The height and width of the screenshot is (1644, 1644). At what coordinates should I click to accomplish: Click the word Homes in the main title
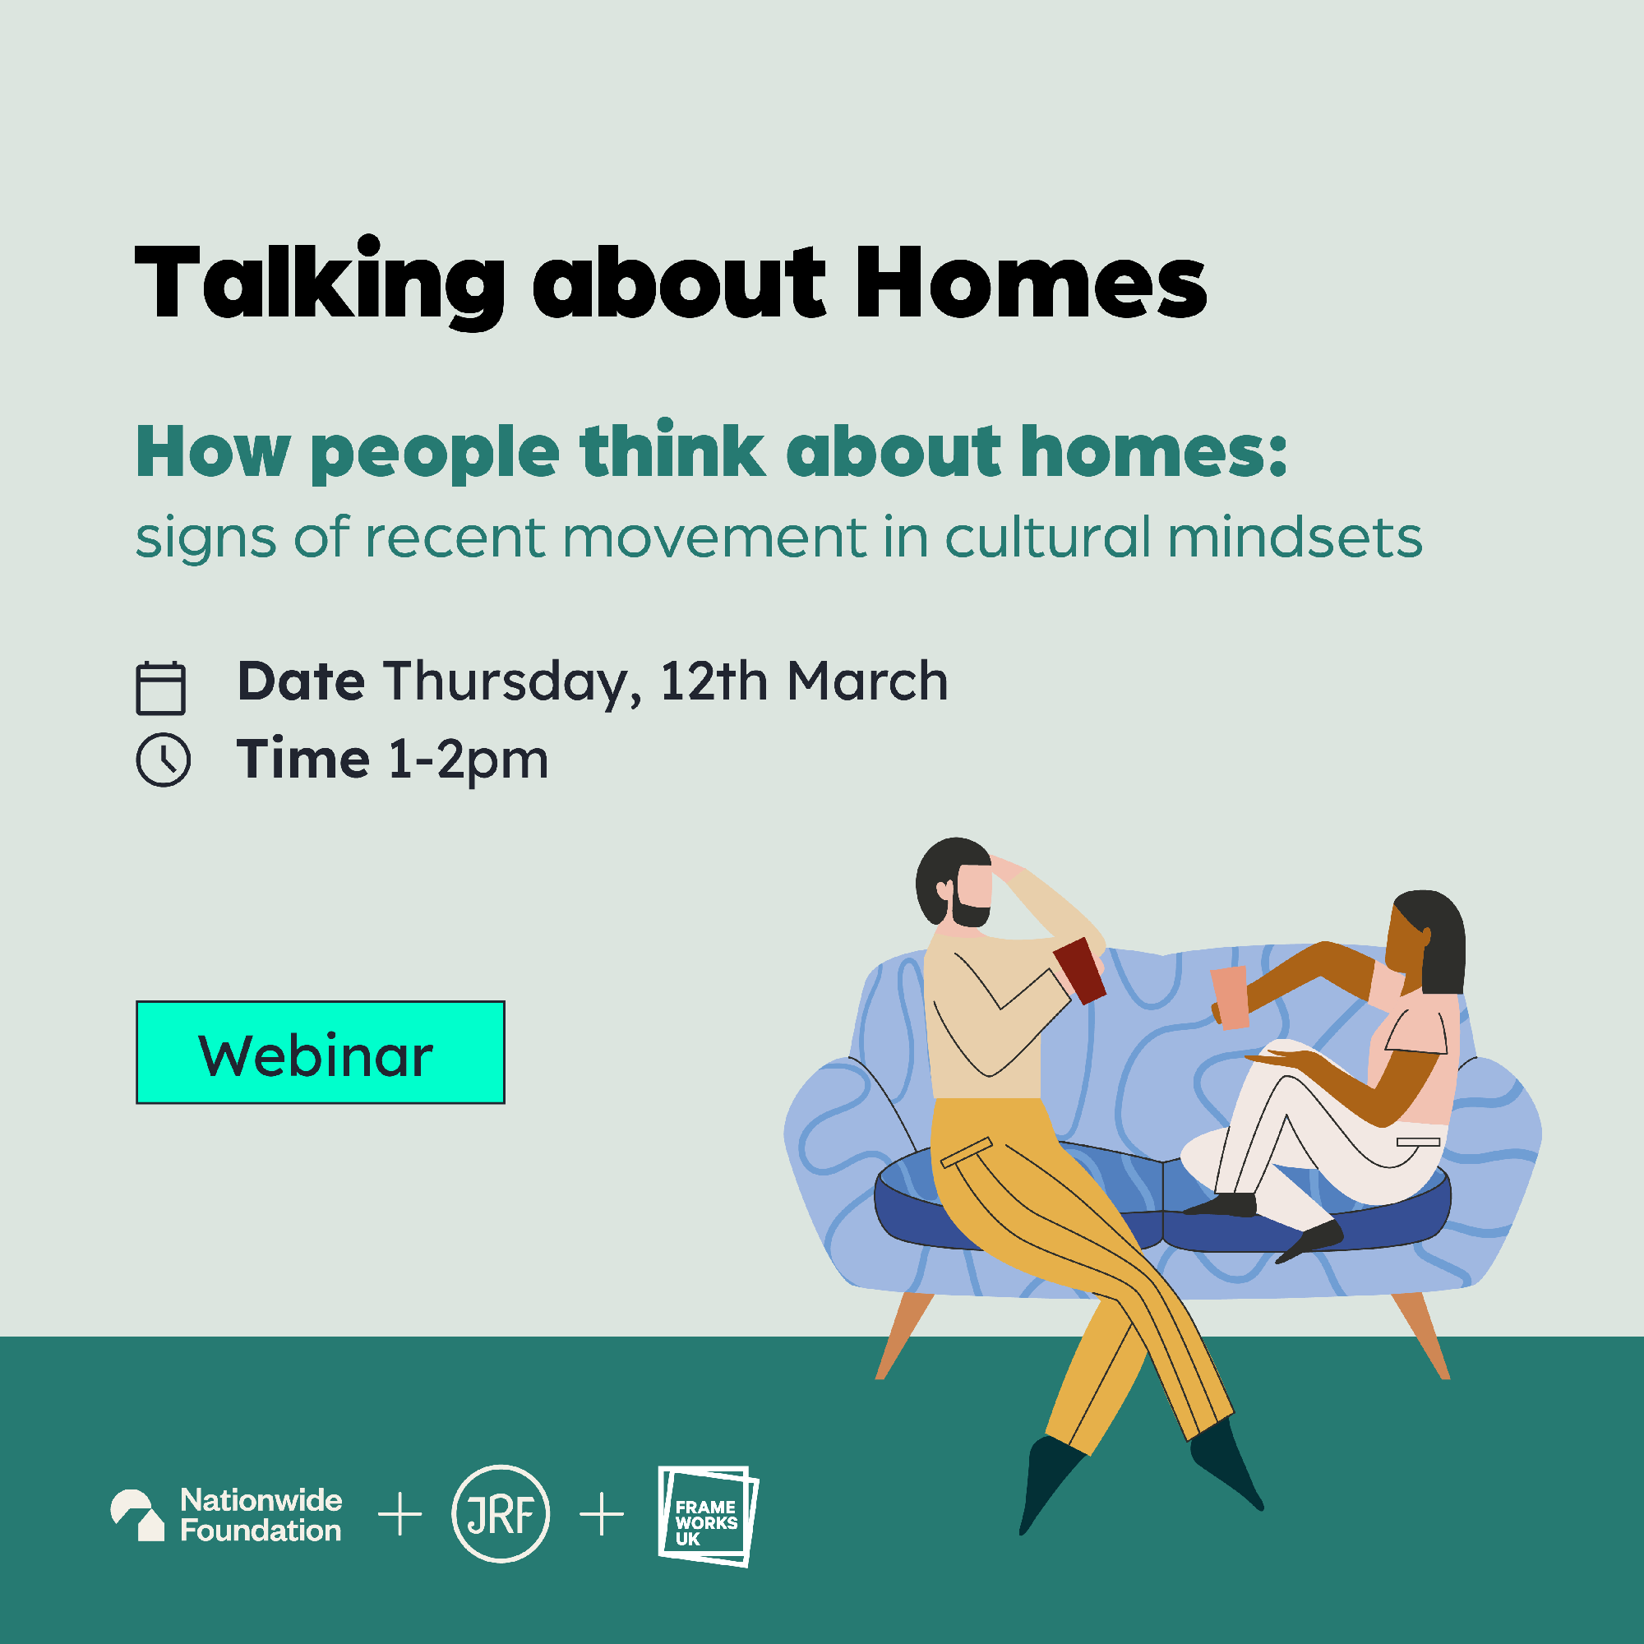(1031, 283)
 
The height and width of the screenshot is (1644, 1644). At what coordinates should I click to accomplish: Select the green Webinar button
(320, 1053)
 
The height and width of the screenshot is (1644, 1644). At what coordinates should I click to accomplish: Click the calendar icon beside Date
(161, 687)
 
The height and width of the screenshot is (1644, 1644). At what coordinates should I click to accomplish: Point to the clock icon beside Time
(163, 759)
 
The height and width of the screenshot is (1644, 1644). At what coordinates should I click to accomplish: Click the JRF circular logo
(501, 1514)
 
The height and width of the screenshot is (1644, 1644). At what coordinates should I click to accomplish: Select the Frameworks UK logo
(708, 1517)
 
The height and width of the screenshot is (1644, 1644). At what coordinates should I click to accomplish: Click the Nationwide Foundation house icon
(137, 1516)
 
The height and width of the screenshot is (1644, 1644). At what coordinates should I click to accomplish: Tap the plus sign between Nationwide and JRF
(399, 1515)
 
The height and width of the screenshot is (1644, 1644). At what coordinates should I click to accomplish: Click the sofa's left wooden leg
(904, 1336)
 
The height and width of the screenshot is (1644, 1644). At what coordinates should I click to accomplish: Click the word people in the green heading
(435, 454)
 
